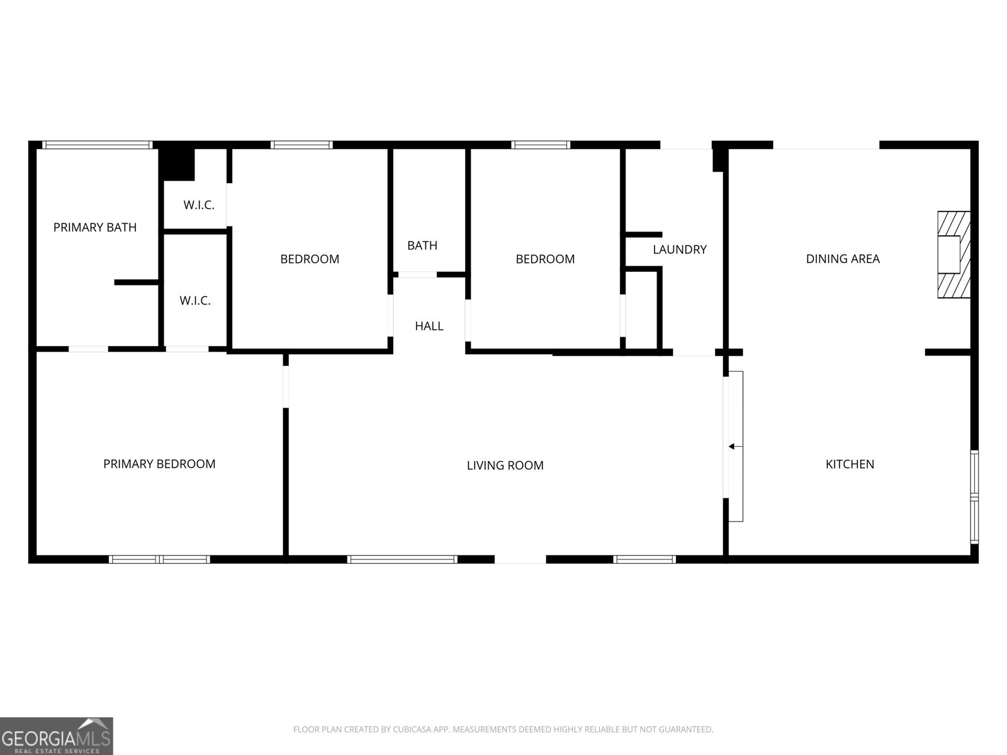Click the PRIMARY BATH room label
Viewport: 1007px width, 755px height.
pyautogui.click(x=95, y=227)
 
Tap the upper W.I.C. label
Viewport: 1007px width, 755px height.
pyautogui.click(x=199, y=205)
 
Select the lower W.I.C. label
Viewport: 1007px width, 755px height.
pyautogui.click(x=195, y=301)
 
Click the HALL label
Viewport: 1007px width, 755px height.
pyautogui.click(x=429, y=326)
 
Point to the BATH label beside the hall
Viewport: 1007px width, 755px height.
pyautogui.click(x=422, y=245)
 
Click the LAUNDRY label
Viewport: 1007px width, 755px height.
pyautogui.click(x=679, y=250)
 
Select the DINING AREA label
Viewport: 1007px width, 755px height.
pyautogui.click(x=842, y=259)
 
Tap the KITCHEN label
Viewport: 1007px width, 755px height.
pyautogui.click(x=849, y=464)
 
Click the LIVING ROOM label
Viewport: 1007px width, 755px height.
pyautogui.click(x=505, y=466)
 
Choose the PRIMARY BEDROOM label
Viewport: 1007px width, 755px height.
pyautogui.click(x=159, y=464)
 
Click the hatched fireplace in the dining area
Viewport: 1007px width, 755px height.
pyautogui.click(x=953, y=255)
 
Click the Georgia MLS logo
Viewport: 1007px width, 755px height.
pyautogui.click(x=56, y=736)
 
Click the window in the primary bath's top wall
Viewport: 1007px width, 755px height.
pyautogui.click(x=97, y=145)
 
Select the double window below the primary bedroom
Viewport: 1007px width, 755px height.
pyautogui.click(x=159, y=559)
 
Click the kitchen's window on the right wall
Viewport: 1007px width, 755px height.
pyautogui.click(x=974, y=496)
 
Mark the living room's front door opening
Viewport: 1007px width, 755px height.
pyautogui.click(x=520, y=559)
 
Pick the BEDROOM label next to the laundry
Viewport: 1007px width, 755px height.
pyautogui.click(x=545, y=259)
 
